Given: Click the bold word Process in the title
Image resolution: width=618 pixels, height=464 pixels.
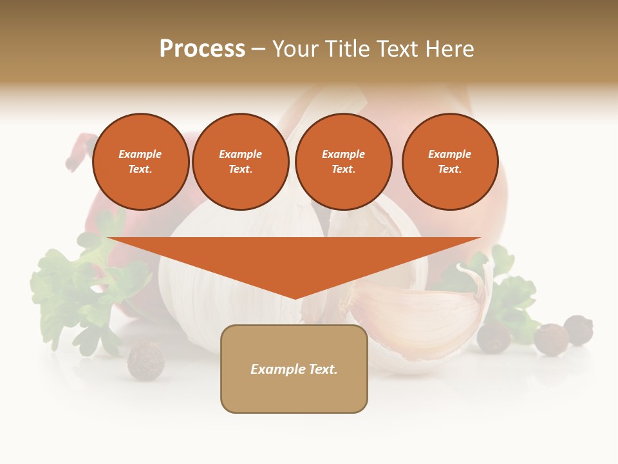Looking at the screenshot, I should coord(202,49).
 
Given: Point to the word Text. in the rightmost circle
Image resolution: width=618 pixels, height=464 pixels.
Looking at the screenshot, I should coord(449,169).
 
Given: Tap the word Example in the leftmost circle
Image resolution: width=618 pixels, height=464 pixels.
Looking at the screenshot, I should coord(140,154).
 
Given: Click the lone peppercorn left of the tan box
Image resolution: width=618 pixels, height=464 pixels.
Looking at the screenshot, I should coord(145,360).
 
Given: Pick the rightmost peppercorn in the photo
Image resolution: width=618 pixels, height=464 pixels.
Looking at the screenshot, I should coord(578,329).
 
